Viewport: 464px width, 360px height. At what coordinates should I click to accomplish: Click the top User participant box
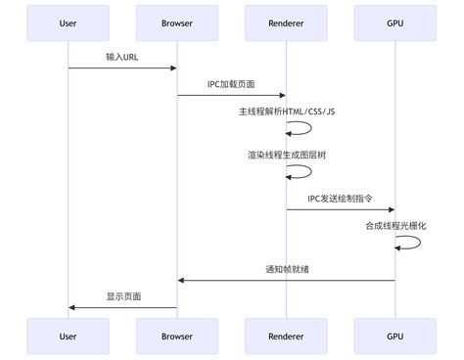point(68,23)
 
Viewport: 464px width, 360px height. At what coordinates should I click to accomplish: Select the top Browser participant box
point(177,23)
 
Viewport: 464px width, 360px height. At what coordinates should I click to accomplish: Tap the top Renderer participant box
point(286,23)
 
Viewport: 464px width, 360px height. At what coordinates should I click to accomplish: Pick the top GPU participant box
point(394,23)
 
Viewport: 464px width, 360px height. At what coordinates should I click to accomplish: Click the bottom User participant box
point(68,336)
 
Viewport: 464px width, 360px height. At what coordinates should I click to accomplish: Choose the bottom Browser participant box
point(177,336)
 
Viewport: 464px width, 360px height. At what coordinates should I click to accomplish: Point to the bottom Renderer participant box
point(286,336)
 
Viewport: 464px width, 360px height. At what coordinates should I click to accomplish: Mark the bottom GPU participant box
point(394,336)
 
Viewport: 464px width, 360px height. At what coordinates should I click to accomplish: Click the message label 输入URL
point(122,57)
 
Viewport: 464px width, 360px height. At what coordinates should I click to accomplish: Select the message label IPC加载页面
point(231,84)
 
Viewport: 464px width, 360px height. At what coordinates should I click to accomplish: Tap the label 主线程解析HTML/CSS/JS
point(286,112)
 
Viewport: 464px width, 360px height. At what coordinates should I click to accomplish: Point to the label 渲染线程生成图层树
point(286,155)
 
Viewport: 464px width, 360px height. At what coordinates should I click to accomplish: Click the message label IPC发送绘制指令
point(340,198)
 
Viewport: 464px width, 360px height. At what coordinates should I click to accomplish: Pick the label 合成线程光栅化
point(394,225)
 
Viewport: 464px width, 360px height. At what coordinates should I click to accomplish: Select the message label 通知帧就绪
point(286,268)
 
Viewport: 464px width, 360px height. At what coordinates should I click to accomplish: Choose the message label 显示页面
point(122,295)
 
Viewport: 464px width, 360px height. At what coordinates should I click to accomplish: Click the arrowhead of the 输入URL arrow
point(173,67)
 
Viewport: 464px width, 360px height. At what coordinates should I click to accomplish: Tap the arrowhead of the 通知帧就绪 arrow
point(181,280)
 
